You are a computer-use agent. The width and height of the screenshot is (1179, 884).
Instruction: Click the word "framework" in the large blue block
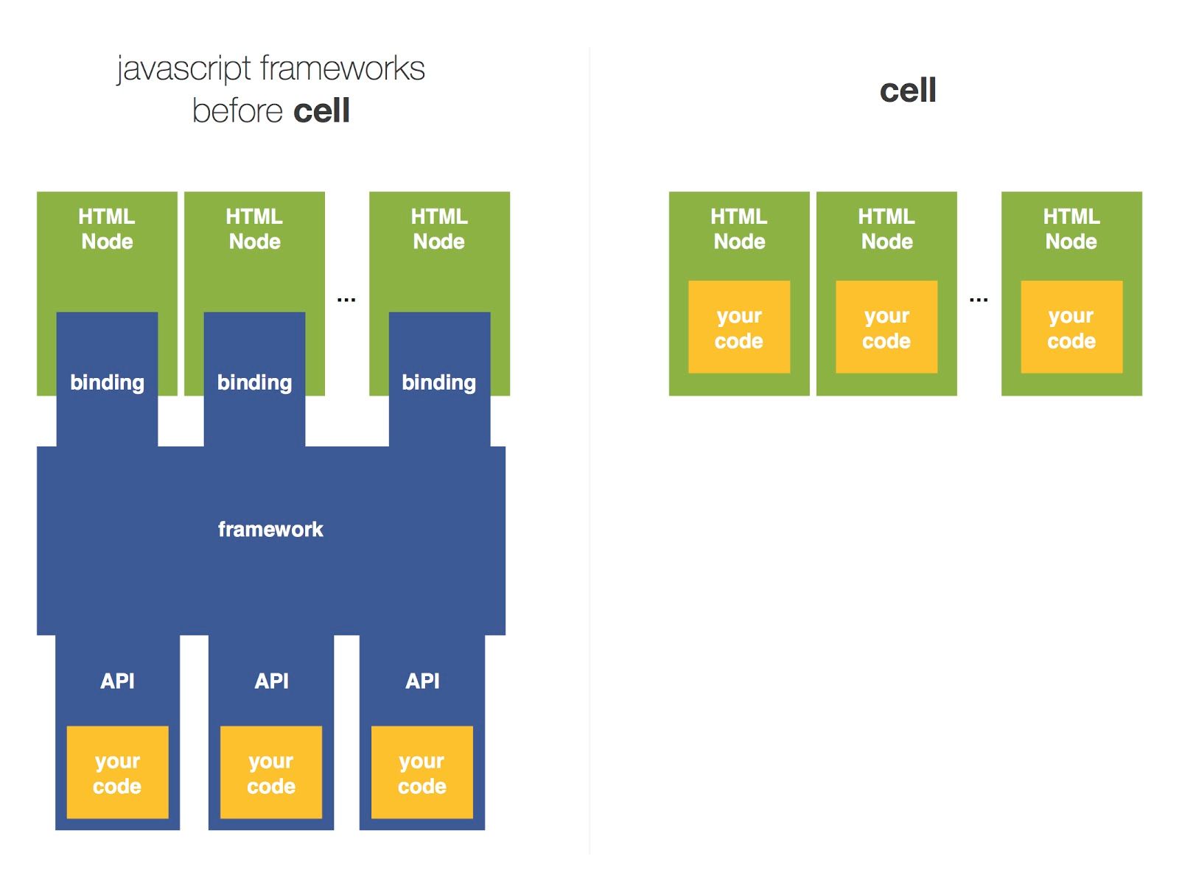tap(270, 529)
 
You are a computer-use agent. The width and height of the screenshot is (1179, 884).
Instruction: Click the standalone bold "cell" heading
tap(908, 91)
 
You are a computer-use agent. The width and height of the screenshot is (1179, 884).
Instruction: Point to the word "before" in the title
tap(237, 111)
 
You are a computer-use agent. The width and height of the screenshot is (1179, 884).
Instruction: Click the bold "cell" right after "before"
tap(321, 111)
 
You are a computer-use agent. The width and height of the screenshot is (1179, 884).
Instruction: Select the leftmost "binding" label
tap(107, 382)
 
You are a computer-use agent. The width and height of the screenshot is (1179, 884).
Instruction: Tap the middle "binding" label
tap(254, 382)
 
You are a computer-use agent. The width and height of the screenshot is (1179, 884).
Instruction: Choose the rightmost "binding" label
tap(438, 382)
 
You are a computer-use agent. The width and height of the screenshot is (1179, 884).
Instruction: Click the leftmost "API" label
tap(117, 681)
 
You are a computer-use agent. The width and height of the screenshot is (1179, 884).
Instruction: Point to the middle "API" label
tap(271, 681)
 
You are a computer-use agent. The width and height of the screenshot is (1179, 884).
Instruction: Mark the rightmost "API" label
tap(422, 681)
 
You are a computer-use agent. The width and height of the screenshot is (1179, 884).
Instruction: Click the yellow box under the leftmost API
tap(117, 773)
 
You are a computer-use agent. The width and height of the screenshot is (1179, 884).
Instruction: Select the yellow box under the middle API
tap(271, 773)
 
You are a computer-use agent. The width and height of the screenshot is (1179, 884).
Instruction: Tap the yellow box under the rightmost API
tap(422, 773)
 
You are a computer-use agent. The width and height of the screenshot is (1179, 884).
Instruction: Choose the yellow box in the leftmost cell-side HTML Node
tap(739, 327)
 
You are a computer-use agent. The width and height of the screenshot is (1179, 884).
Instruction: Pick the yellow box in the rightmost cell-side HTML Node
tap(1071, 327)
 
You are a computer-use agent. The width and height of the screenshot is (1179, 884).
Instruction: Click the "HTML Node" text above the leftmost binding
tap(107, 229)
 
